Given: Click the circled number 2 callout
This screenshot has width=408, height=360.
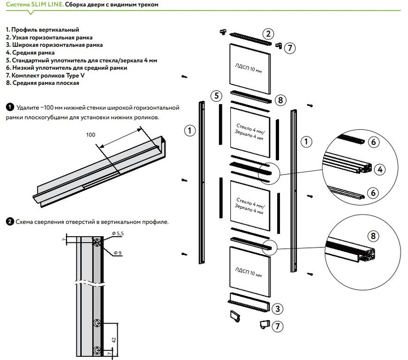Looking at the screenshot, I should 268,33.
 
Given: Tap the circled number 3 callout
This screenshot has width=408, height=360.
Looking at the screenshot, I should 278,308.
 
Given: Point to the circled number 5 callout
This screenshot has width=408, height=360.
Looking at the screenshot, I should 216,96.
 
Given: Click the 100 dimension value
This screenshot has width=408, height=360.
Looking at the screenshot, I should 91,135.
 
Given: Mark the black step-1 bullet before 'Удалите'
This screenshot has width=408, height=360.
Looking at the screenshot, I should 9,107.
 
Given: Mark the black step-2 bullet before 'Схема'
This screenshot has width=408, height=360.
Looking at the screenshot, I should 9,221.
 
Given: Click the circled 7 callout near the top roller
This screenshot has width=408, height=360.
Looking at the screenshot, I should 290,47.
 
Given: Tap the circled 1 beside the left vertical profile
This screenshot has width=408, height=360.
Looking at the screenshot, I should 189,131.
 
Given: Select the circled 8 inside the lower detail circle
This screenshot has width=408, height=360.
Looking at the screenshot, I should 373,235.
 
